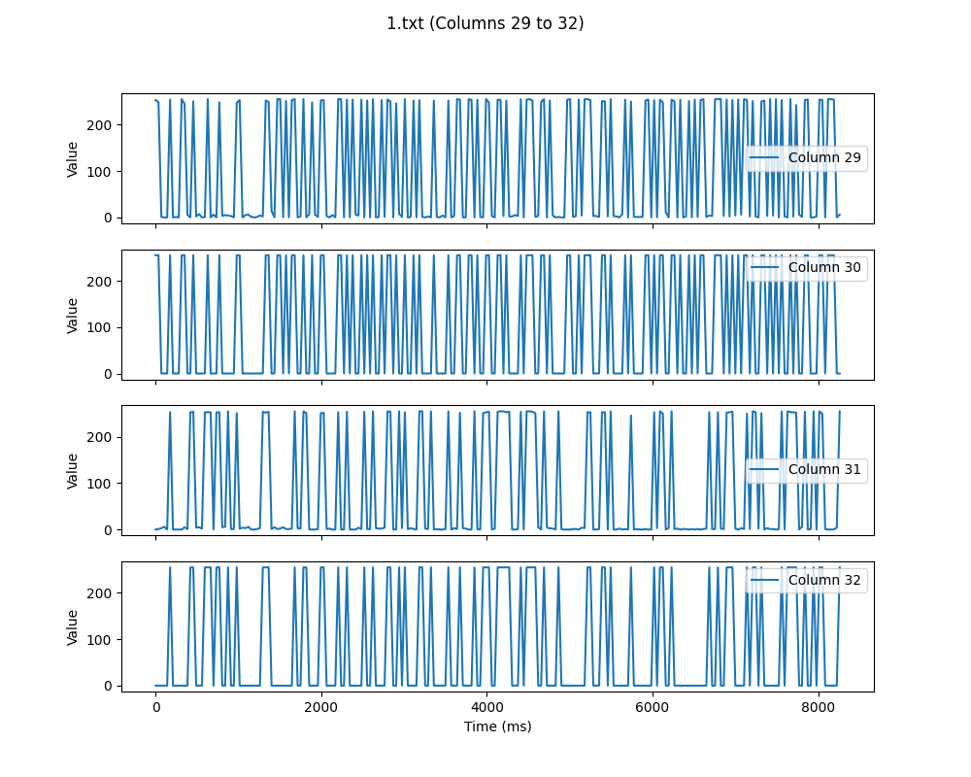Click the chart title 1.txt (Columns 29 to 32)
[485, 23]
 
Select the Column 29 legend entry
[824, 157]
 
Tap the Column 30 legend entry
[824, 267]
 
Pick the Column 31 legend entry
[824, 470]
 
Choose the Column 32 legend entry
[824, 581]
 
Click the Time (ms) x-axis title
[497, 726]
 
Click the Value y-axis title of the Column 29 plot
[73, 158]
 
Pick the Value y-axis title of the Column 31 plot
[73, 470]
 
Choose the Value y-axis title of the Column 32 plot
[73, 626]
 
